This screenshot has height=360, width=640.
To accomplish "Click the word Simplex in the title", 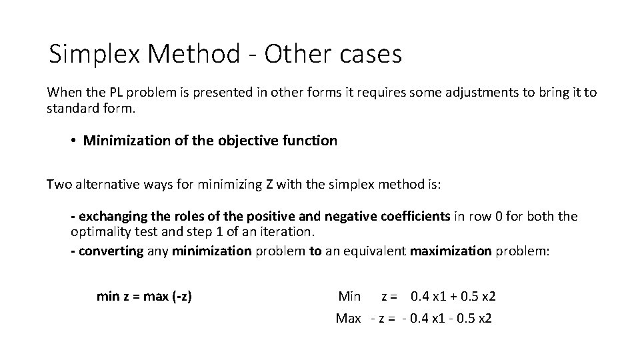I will click(94, 55).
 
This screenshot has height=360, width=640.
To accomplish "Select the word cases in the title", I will click(369, 55).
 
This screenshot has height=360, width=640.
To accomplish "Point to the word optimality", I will click(98, 232).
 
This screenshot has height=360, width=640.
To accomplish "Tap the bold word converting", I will click(110, 251).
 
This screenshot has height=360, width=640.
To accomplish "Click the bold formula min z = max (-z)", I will click(144, 296).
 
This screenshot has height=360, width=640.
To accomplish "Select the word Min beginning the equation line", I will click(349, 296).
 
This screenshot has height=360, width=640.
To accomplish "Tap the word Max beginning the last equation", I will click(348, 318).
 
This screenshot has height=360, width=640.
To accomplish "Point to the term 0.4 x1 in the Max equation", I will click(421, 318).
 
